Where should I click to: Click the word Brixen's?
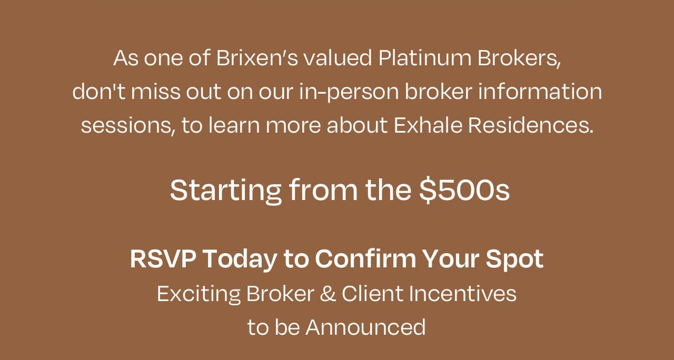click(257, 58)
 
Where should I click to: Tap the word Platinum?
click(425, 58)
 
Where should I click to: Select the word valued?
click(338, 58)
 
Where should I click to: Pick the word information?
click(540, 91)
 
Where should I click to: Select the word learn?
click(234, 125)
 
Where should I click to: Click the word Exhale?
click(428, 125)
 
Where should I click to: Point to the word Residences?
click(531, 125)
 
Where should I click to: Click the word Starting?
click(226, 191)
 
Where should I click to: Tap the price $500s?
click(464, 189)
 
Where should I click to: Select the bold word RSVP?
click(163, 258)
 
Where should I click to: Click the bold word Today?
click(240, 259)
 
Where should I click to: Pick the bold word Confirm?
click(365, 258)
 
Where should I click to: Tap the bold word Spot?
click(514, 259)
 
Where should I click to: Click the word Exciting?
click(199, 294)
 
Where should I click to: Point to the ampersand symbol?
click(328, 293)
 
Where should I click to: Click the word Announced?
click(365, 327)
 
